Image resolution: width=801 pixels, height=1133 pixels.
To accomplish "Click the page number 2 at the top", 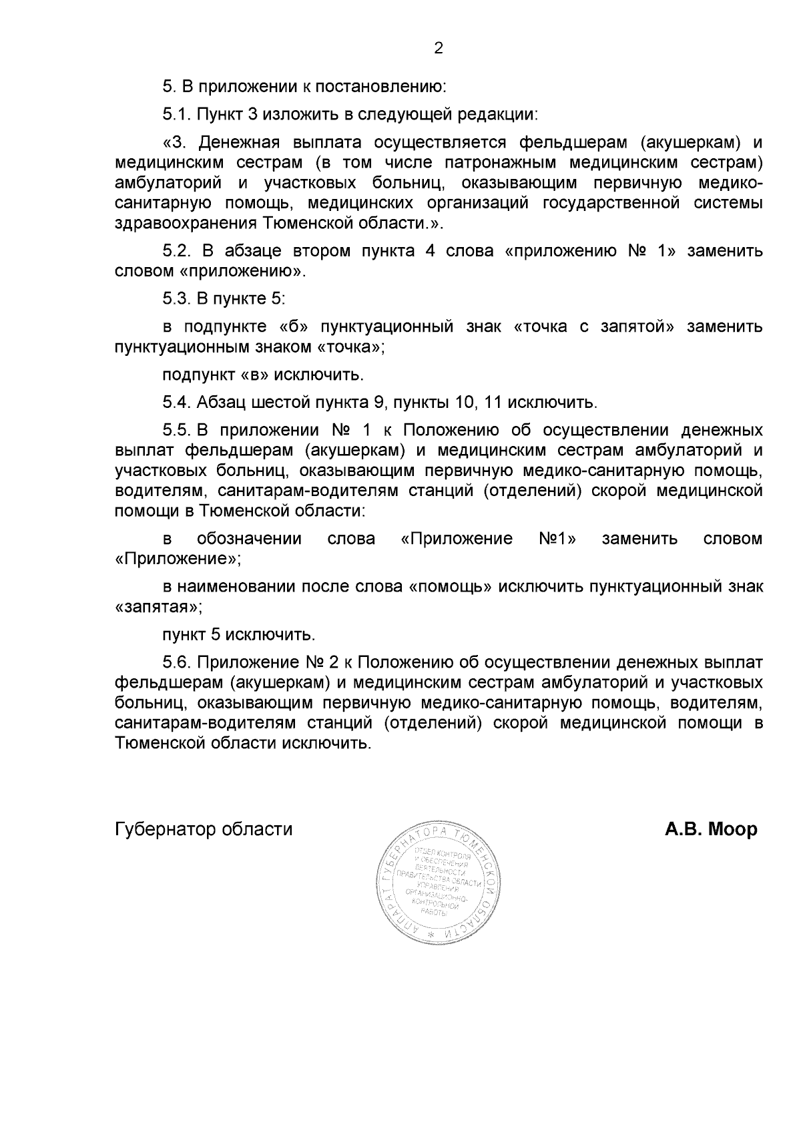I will (x=439, y=48).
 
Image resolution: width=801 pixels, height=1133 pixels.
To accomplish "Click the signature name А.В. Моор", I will (x=710, y=830).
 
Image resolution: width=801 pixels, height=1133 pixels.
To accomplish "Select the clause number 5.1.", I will (x=177, y=114).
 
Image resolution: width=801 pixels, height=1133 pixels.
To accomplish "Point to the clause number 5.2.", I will (x=177, y=251).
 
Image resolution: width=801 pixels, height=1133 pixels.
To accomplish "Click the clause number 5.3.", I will (x=177, y=299).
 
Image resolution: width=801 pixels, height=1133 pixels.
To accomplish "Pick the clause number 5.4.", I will (x=177, y=403).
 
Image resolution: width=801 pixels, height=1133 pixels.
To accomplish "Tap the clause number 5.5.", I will (x=177, y=429).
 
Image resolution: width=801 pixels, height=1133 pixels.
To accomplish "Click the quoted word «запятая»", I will (x=157, y=608).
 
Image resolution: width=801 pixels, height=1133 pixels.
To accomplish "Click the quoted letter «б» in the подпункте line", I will (x=292, y=326).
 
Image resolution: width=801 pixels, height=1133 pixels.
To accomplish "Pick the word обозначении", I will (x=249, y=539).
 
